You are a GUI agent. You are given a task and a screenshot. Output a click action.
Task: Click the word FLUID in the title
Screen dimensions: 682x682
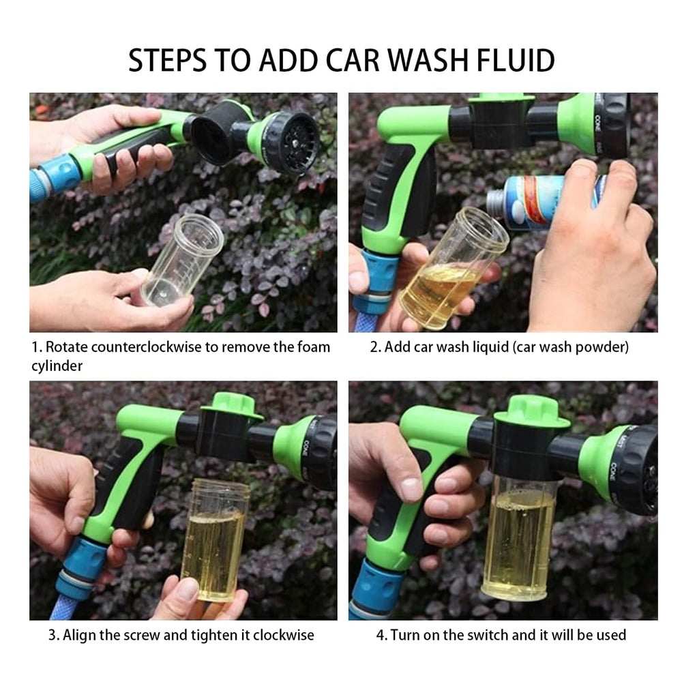click(x=516, y=60)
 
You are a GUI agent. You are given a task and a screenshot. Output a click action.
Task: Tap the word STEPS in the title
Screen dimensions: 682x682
click(x=168, y=60)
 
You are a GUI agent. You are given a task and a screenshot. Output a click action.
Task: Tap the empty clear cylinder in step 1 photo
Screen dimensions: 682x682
click(x=183, y=260)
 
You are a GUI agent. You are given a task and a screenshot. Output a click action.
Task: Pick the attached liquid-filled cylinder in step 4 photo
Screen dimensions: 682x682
click(x=518, y=539)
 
